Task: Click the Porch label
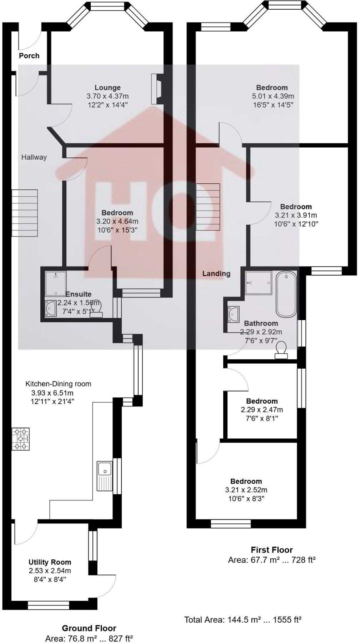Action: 29,56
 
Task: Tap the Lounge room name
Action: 107,88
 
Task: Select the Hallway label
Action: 34,157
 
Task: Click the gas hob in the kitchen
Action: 21,439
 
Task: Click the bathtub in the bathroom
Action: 286,294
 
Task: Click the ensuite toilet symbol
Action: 96,309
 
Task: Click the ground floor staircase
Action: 25,214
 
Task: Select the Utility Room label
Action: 50,562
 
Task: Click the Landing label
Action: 216,274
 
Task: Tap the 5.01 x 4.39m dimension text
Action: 272,96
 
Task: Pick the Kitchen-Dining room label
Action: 58,384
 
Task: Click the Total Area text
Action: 243,620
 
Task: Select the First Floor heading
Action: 272,550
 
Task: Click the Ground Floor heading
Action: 89,628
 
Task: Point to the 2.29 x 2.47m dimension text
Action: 262,410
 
